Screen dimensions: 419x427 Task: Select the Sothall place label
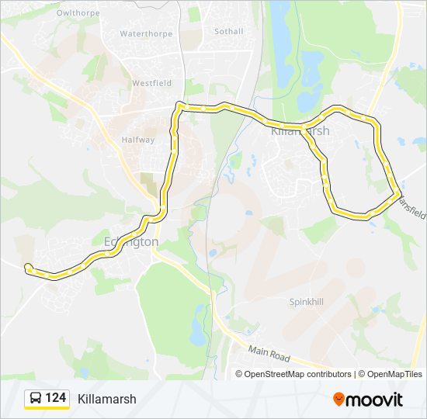(x=228, y=32)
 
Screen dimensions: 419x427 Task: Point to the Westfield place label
(x=151, y=83)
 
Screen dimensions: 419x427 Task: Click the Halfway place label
(x=138, y=140)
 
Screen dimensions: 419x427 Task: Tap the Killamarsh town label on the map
(x=300, y=131)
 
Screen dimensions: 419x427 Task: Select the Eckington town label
(x=131, y=242)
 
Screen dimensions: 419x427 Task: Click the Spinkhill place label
(x=306, y=301)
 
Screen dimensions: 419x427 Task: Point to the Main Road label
(x=269, y=355)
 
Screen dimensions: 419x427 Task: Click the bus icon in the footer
(x=35, y=399)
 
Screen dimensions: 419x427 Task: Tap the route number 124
(x=55, y=398)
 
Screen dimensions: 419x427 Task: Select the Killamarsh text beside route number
(x=107, y=399)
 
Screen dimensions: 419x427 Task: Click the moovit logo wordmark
(x=375, y=400)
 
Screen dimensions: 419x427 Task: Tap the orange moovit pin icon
(x=339, y=399)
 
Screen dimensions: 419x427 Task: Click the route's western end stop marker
(x=29, y=268)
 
